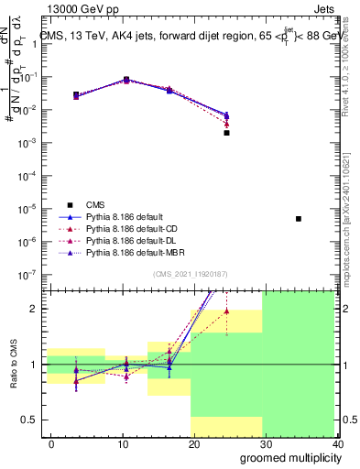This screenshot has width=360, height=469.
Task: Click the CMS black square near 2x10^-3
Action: click(226, 133)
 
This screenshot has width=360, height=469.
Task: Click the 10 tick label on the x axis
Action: click(119, 443)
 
